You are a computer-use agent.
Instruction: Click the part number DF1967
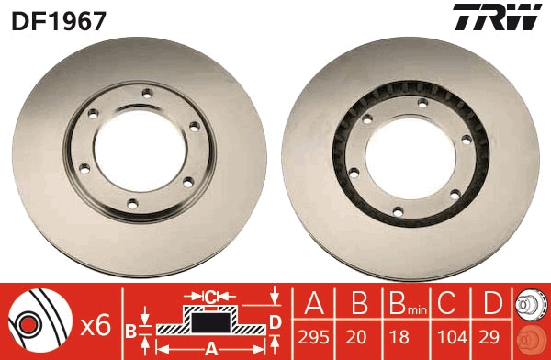59,18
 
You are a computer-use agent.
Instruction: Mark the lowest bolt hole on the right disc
398,210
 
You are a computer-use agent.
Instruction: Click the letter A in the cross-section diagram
210,348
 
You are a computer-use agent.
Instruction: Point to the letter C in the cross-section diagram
210,297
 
